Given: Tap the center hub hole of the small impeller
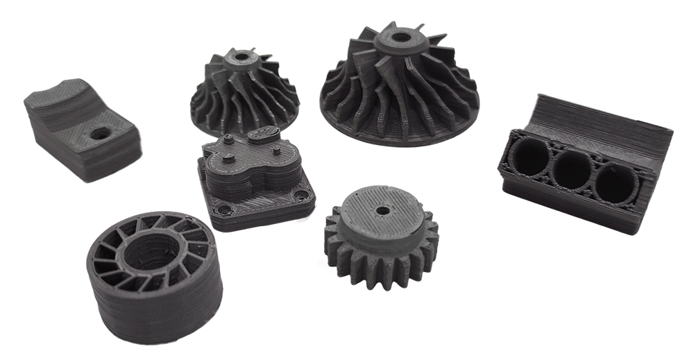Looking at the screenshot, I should click(242, 57).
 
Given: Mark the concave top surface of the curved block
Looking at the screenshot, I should click(66, 104).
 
